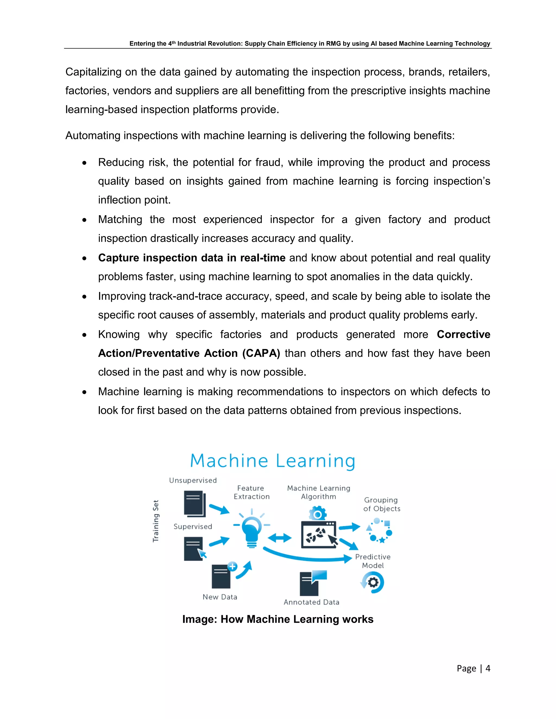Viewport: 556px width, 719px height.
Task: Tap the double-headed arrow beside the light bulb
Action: (279, 538)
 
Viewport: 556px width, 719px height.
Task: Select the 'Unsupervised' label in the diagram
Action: (193, 480)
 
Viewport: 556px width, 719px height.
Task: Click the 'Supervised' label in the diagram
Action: (193, 526)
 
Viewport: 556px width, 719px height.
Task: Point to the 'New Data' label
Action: (220, 597)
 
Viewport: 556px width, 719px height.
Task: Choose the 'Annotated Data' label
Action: (311, 602)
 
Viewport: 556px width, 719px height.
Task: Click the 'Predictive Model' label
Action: (373, 561)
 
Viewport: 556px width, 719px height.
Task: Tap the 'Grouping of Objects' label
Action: (382, 504)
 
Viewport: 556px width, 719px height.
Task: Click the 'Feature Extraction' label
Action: (252, 492)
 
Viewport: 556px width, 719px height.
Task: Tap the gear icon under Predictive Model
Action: (373, 583)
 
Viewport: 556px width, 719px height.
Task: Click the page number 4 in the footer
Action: (488, 668)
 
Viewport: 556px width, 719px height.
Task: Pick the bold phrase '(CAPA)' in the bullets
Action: (261, 353)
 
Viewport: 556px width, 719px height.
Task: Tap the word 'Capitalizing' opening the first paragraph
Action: (94, 72)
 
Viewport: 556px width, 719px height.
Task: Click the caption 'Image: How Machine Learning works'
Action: (278, 619)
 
